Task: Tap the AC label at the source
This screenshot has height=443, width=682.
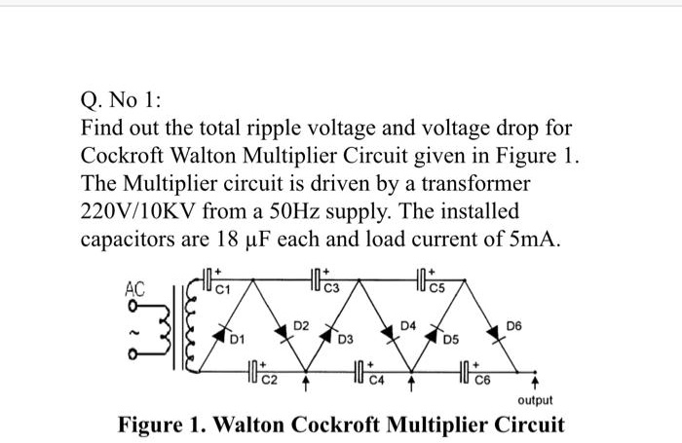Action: coord(133,288)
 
